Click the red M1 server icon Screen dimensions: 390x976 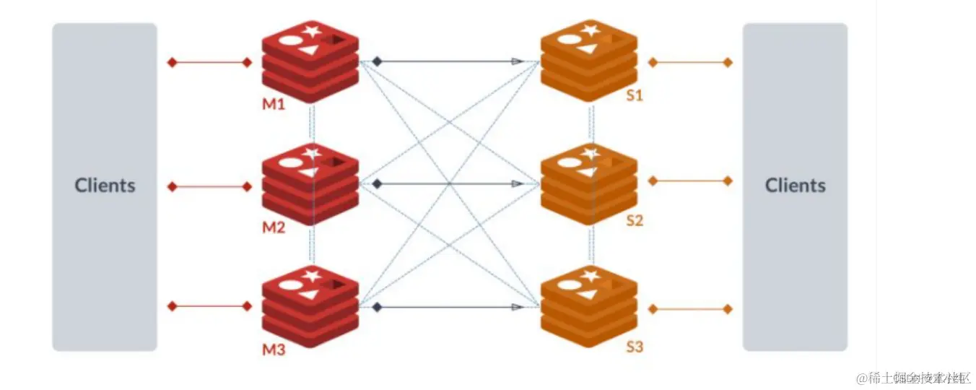(x=310, y=61)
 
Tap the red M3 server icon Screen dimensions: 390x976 (x=310, y=306)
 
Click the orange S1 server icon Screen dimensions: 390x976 (x=589, y=61)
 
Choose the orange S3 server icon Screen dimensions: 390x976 (x=589, y=306)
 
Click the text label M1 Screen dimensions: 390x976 (x=274, y=104)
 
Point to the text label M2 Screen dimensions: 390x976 (x=274, y=228)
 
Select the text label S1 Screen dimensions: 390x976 (x=635, y=96)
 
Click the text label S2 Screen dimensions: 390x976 (x=635, y=220)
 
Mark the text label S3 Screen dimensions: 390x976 (x=635, y=347)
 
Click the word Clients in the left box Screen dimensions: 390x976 (x=105, y=186)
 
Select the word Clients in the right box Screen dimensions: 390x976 (x=796, y=186)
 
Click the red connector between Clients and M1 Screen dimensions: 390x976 (x=209, y=63)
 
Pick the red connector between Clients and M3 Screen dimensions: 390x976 (x=209, y=306)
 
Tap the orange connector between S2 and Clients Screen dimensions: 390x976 (x=690, y=181)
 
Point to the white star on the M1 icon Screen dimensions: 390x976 (x=312, y=31)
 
